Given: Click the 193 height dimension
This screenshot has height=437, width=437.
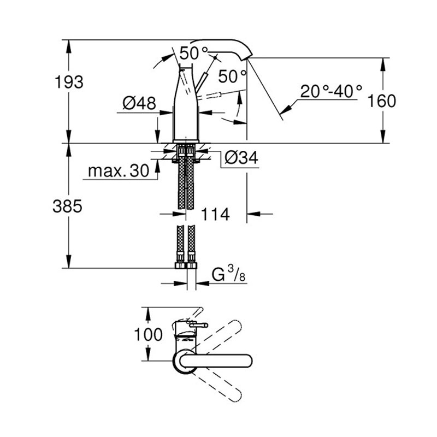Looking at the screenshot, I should click(x=69, y=82).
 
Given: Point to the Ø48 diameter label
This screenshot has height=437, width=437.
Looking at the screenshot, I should click(x=139, y=103).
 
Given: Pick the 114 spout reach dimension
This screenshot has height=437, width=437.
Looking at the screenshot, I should click(x=214, y=214).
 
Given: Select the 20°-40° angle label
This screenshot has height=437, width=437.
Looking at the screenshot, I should click(x=331, y=91).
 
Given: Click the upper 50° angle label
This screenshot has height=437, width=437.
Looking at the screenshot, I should click(x=192, y=54).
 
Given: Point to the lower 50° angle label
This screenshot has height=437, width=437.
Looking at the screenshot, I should click(x=232, y=74).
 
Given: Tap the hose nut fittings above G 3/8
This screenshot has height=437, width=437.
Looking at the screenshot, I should click(x=185, y=266).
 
